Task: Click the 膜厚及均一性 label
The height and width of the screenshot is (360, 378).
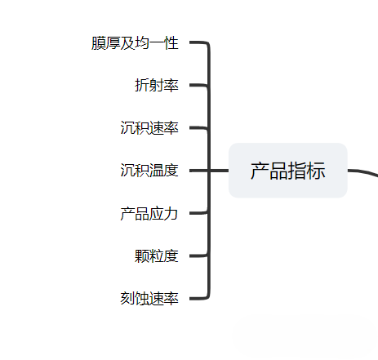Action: [135, 43]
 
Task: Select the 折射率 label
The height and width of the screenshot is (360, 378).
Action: [157, 85]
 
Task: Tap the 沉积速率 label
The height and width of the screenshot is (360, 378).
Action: [149, 128]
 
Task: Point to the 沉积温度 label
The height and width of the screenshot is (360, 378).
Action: [149, 171]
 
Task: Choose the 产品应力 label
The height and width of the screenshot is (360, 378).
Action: [149, 213]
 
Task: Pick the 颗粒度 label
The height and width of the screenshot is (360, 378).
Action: [157, 256]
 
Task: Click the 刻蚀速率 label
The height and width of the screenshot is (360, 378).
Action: [149, 299]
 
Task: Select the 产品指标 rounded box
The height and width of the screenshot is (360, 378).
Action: [288, 171]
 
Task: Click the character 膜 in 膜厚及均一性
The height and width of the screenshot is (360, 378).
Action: [98, 43]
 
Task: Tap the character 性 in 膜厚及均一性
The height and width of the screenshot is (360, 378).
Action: [171, 43]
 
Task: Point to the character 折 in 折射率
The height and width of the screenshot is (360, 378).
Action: [142, 85]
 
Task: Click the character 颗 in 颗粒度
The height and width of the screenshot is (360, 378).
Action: [142, 256]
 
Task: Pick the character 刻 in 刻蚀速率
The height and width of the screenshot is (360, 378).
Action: [127, 299]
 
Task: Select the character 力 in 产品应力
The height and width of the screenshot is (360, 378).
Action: [171, 213]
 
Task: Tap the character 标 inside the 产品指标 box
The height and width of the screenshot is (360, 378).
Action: [316, 171]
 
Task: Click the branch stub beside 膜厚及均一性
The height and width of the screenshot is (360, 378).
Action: [198, 42]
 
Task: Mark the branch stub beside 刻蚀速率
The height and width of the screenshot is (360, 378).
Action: [198, 299]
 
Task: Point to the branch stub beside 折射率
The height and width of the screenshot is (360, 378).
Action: [198, 85]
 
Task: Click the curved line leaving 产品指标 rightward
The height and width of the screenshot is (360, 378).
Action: [363, 172]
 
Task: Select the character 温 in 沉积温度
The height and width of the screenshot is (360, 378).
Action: [157, 171]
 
